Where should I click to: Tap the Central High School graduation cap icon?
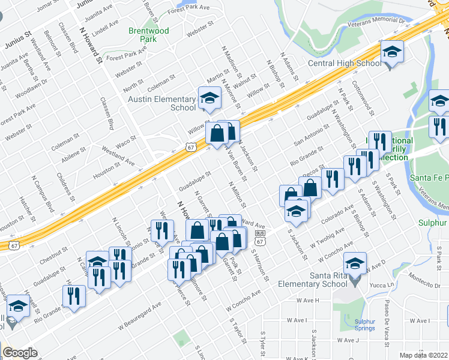393,53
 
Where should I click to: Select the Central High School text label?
344,63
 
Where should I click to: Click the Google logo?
19,353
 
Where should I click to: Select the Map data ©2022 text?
424,355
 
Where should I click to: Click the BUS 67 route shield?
260,237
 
